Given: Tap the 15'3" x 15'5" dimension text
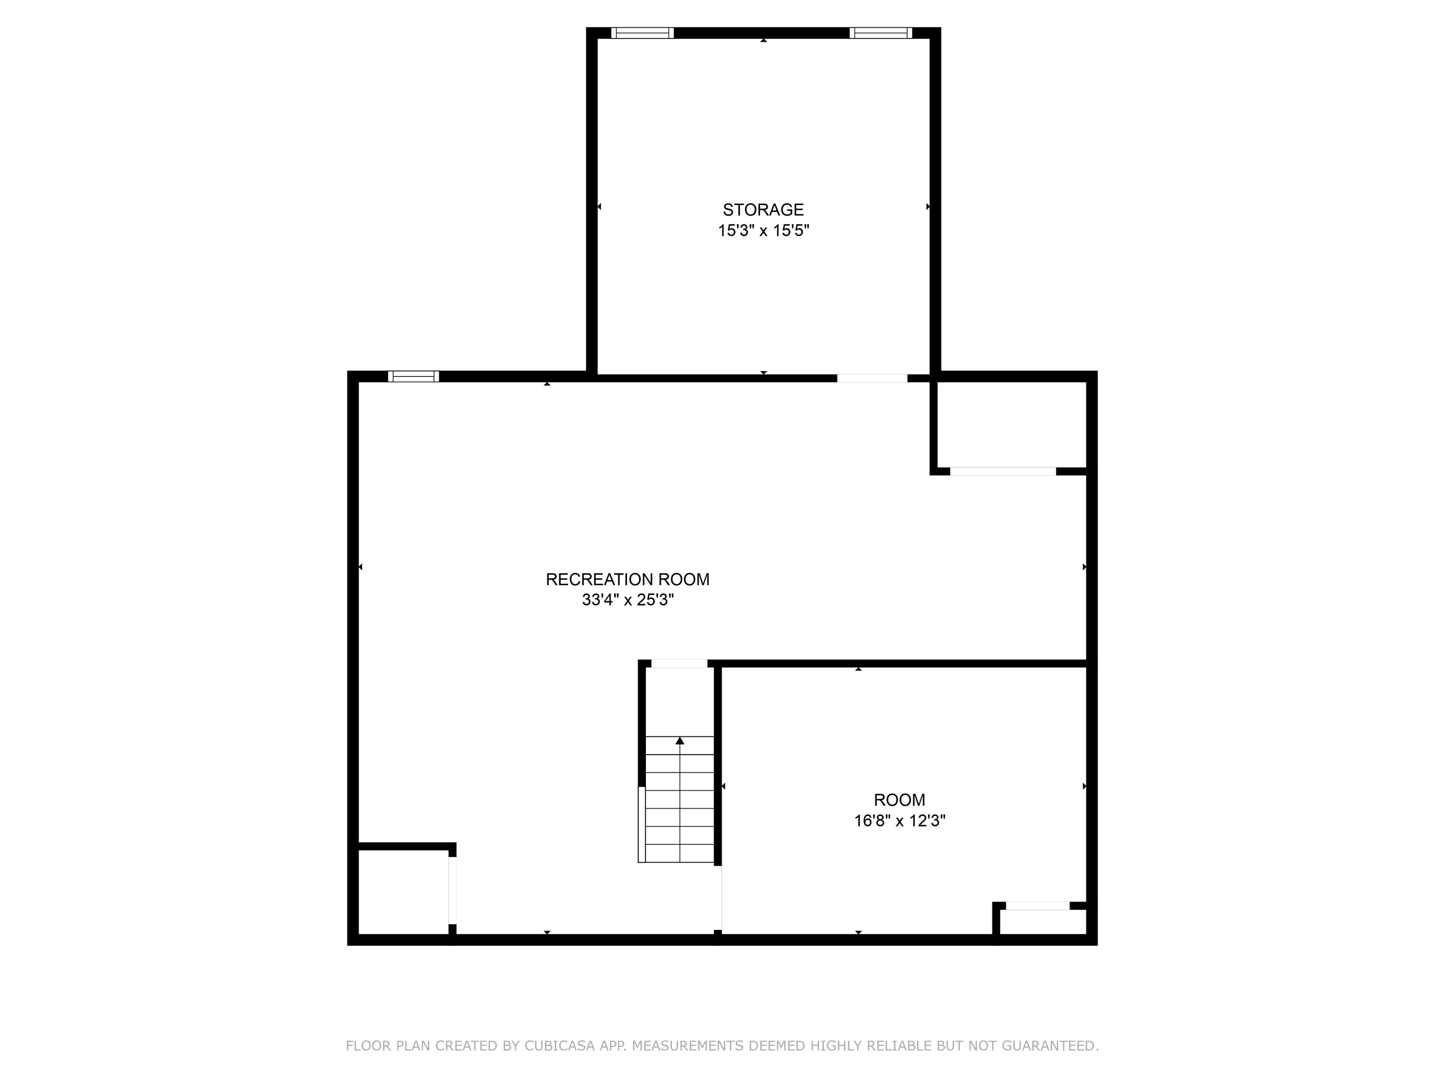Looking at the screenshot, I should (x=763, y=231).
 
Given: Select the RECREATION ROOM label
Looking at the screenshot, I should (x=627, y=579).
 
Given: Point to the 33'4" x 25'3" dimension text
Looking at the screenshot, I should (x=627, y=599).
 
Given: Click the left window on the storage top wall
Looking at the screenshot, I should (x=642, y=33).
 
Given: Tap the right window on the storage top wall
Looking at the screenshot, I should (x=880, y=33).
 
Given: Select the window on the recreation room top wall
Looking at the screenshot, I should (x=413, y=376).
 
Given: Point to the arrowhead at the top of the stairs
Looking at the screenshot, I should (x=679, y=741).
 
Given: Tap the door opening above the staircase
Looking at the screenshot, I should (x=679, y=664).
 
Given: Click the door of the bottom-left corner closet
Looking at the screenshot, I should (x=452, y=890).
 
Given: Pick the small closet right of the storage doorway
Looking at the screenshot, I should (x=1011, y=425).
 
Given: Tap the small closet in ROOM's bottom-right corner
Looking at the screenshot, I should (x=1043, y=922).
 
